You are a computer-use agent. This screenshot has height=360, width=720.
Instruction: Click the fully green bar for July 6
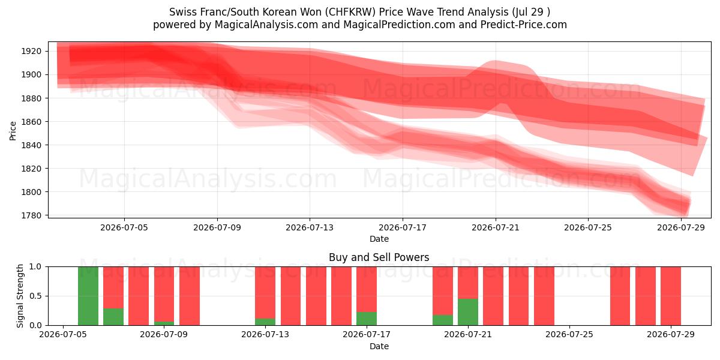point(88,296)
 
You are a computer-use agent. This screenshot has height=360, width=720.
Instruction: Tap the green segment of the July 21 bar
point(468,312)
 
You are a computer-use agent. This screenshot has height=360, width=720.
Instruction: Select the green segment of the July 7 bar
point(113,317)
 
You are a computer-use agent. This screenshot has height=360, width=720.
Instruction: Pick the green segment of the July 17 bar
point(367,319)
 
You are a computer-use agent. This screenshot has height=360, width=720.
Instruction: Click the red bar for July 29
point(671,296)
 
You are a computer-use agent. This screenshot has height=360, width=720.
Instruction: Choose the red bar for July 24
point(544,296)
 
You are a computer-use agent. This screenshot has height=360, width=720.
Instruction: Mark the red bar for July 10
point(190,296)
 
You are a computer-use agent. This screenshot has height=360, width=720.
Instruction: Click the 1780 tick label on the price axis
point(31,215)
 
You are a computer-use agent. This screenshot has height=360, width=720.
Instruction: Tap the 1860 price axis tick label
point(31,121)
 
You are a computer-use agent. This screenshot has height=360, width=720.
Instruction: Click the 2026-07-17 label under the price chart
point(403,227)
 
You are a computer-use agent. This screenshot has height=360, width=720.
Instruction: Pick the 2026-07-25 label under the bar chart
point(569,334)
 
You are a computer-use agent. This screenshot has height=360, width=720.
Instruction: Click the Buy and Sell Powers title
point(379,257)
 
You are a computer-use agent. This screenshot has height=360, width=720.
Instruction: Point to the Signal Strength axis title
point(20,296)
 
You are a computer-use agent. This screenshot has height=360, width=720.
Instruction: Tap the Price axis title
point(13,131)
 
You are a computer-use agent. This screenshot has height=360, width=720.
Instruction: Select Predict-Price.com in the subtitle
point(524,25)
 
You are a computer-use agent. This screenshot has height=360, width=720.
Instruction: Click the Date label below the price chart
point(379,239)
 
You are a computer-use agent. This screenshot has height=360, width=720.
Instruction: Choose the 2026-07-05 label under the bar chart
point(62,334)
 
